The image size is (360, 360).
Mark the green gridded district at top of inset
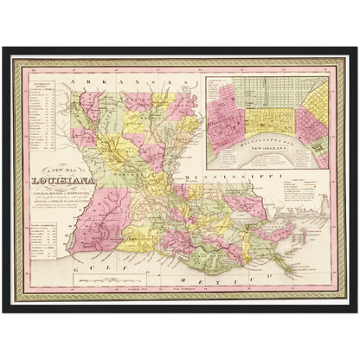[268, 87]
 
